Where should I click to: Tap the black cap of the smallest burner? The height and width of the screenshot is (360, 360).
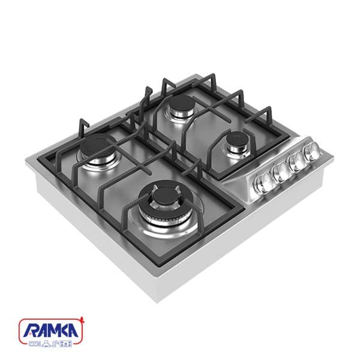pyautogui.click(x=238, y=139)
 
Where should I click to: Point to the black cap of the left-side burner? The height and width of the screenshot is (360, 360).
pyautogui.click(x=97, y=146)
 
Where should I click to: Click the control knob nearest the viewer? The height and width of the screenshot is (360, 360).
pyautogui.click(x=262, y=182)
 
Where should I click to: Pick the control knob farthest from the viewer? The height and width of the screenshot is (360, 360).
pyautogui.click(x=311, y=151)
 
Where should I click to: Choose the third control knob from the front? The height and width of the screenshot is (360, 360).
pyautogui.click(x=296, y=161)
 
